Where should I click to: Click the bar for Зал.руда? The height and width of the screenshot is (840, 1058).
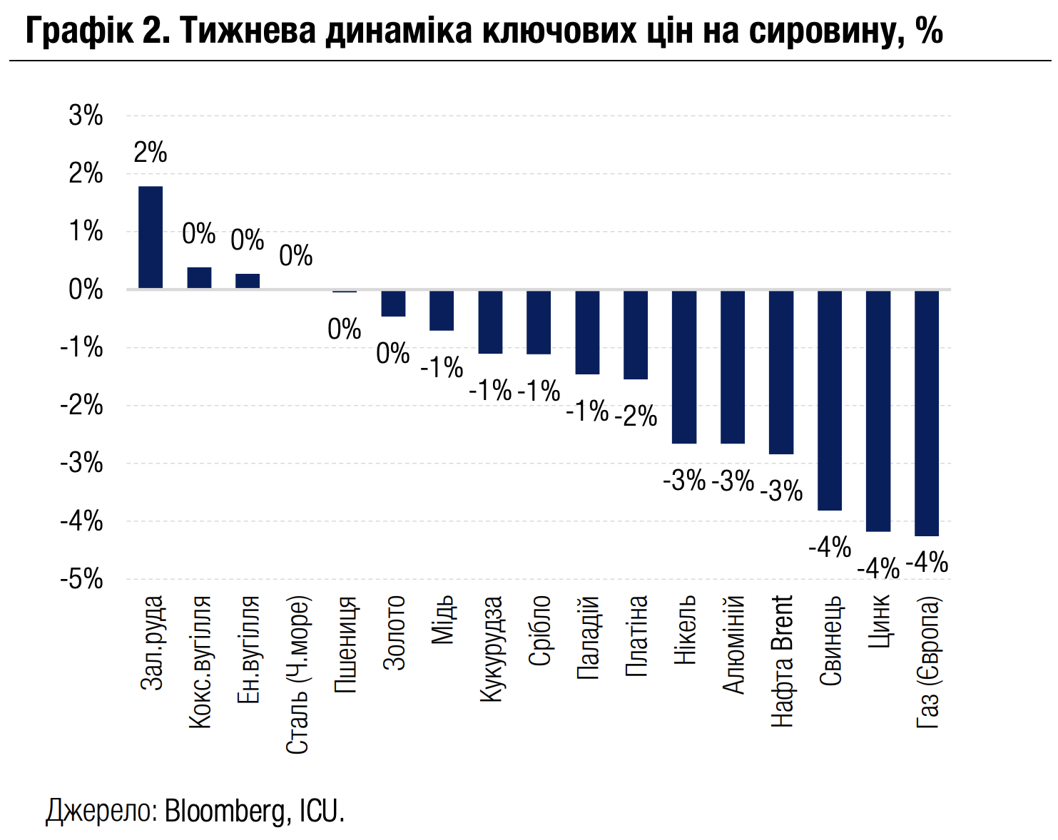pyautogui.click(x=151, y=237)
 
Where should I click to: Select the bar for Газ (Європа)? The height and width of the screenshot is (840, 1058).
pyautogui.click(x=927, y=413)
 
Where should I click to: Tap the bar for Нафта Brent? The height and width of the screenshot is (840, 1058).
pyautogui.click(x=781, y=372)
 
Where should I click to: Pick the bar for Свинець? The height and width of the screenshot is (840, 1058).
pyautogui.click(x=830, y=400)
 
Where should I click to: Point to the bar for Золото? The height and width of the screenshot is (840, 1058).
pyautogui.click(x=393, y=303)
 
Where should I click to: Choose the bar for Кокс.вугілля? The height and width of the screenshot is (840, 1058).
pyautogui.click(x=199, y=278)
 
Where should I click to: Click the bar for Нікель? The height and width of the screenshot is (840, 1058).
pyautogui.click(x=684, y=367)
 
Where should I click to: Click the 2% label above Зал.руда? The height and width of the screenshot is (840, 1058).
pyautogui.click(x=151, y=153)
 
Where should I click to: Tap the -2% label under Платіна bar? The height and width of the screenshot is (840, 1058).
pyautogui.click(x=636, y=416)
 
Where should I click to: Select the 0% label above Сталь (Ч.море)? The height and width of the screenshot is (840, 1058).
pyautogui.click(x=296, y=255)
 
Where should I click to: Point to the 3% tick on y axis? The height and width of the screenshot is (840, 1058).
pyautogui.click(x=86, y=116)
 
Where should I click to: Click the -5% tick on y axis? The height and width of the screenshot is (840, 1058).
pyautogui.click(x=82, y=580)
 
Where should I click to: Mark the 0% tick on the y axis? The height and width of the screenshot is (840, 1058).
pyautogui.click(x=86, y=290)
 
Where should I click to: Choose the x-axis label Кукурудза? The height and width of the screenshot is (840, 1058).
pyautogui.click(x=491, y=649)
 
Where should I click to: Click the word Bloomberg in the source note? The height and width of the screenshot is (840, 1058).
pyautogui.click(x=225, y=811)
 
